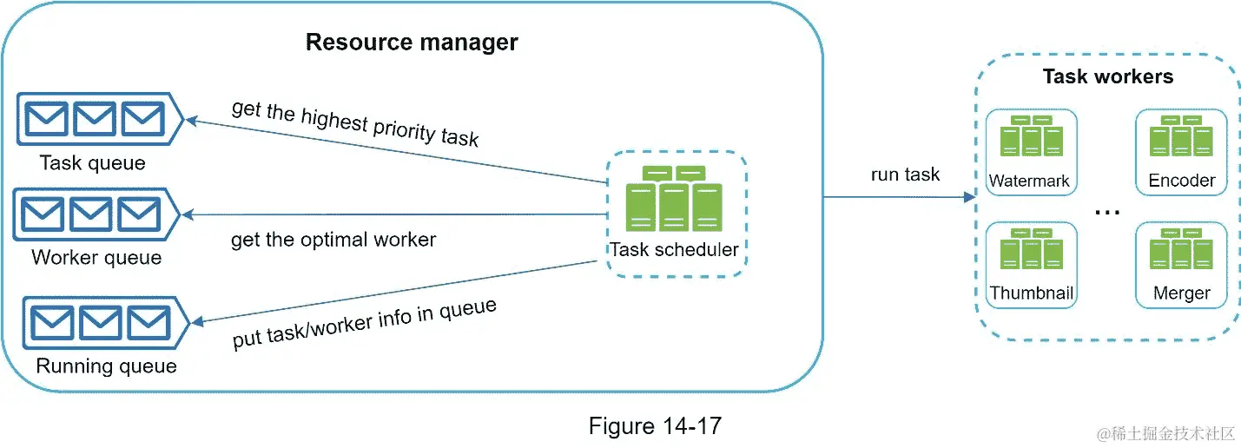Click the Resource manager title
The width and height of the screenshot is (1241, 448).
pyautogui.click(x=412, y=42)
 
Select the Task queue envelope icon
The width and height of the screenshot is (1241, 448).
pyautogui.click(x=96, y=120)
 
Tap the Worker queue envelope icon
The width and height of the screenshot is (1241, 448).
pyautogui.click(x=94, y=214)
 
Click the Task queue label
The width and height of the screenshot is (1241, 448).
pyautogui.click(x=93, y=162)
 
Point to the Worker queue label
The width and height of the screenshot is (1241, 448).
pyautogui.click(x=96, y=258)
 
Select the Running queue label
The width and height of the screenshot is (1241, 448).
pyautogui.click(x=106, y=366)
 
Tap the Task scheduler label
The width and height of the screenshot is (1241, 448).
pyautogui.click(x=674, y=250)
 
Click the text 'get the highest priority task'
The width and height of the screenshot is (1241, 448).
pyautogui.click(x=355, y=122)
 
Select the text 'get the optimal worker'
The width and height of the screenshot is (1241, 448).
pyautogui.click(x=333, y=239)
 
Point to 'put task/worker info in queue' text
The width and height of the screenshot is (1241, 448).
pyautogui.click(x=365, y=324)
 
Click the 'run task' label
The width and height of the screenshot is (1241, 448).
pyautogui.click(x=905, y=175)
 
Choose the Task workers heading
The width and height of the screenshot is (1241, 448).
pyautogui.click(x=1107, y=76)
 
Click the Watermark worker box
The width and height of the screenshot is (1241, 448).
pyautogui.click(x=1031, y=152)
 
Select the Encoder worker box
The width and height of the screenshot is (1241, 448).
pyautogui.click(x=1181, y=152)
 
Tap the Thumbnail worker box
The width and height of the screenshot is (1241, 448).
pyautogui.click(x=1031, y=264)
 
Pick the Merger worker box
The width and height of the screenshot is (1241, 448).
pyautogui.click(x=1181, y=264)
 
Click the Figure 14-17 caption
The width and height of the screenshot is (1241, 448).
pyautogui.click(x=655, y=426)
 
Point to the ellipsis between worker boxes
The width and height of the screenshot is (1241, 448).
pyautogui.click(x=1107, y=212)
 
